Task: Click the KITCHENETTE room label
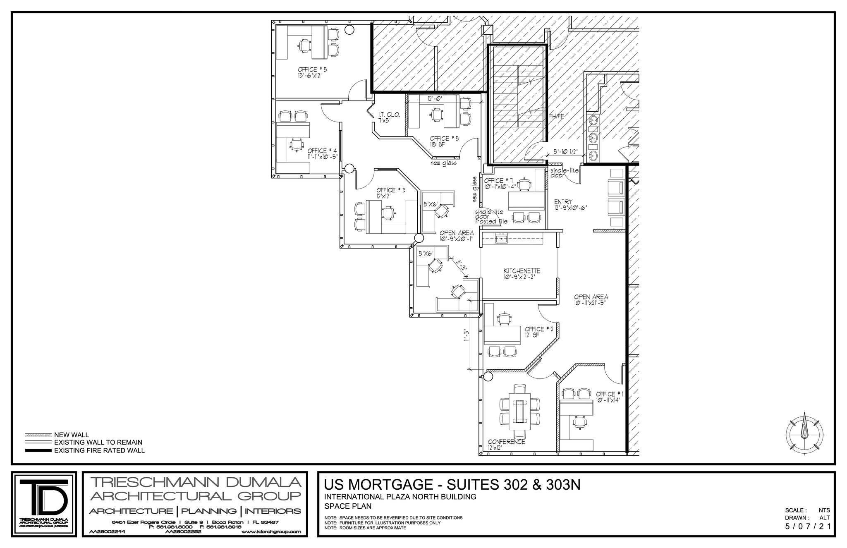click(522, 271)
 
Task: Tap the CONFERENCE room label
click(506, 442)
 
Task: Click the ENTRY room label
click(563, 202)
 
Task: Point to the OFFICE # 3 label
click(390, 190)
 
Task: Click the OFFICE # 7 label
click(499, 181)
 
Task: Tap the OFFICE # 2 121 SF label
click(539, 329)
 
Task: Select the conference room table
click(520, 411)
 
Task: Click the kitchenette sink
click(502, 238)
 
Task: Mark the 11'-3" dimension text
click(467, 335)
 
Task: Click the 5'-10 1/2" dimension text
click(565, 152)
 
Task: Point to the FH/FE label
click(556, 116)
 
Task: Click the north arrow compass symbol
click(804, 433)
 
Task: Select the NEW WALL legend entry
click(71, 435)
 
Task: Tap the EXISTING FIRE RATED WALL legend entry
click(99, 450)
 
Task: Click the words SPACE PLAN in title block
click(348, 506)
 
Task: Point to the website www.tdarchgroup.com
click(270, 532)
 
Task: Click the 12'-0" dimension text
click(435, 98)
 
